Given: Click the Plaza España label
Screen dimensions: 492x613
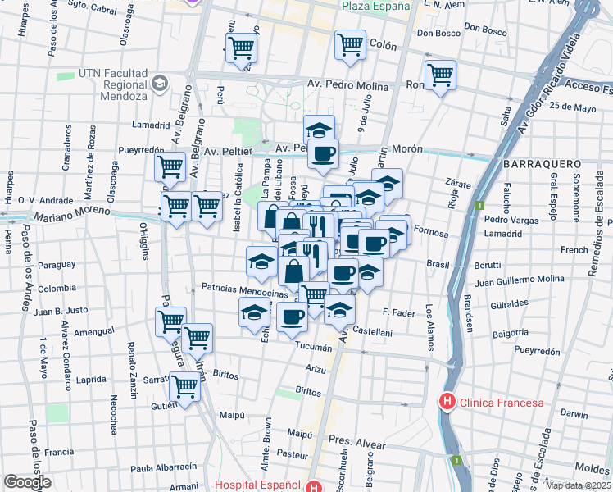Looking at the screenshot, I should (375, 6).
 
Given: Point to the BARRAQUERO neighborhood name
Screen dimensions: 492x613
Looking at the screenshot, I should (542, 164).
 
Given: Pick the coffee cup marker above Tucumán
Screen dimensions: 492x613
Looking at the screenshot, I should (292, 316).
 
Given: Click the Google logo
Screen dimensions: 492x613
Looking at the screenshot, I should (27, 482).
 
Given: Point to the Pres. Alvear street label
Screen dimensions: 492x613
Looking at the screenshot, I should (357, 444).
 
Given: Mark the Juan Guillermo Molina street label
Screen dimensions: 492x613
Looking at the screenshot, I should (520, 280).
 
